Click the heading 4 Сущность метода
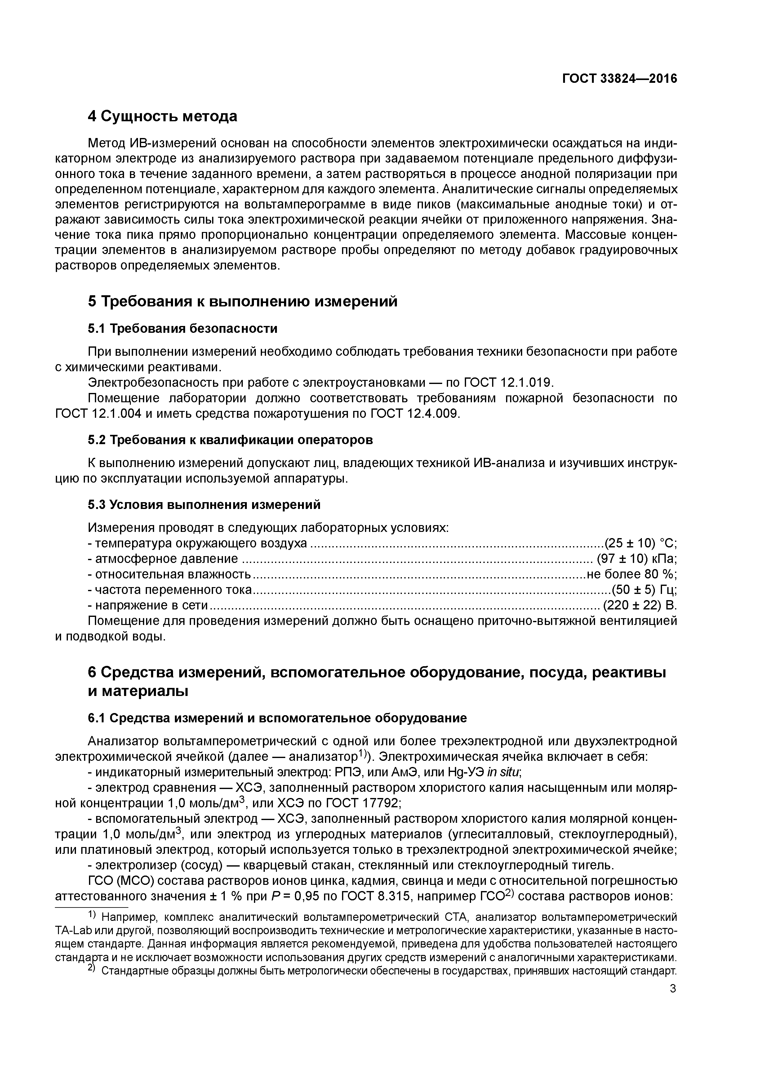[x=162, y=116]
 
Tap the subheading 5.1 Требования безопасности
[x=182, y=328]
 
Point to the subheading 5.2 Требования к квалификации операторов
[x=230, y=440]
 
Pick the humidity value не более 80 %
[x=632, y=574]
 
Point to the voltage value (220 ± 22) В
[x=639, y=606]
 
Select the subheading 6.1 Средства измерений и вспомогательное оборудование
[x=277, y=718]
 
